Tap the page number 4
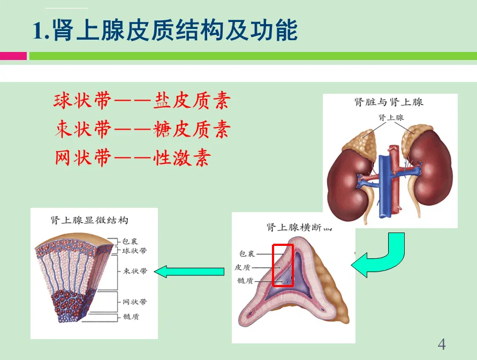point(442,343)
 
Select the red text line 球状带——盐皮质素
point(142,101)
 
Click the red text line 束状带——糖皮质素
point(142,129)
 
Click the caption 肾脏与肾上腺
point(389,102)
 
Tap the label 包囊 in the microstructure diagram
point(130,242)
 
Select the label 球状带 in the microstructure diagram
point(134,251)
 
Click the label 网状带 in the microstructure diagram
point(134,302)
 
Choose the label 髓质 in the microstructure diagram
point(131,317)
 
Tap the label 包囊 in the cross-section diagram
point(247,253)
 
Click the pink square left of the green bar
point(13,56)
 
